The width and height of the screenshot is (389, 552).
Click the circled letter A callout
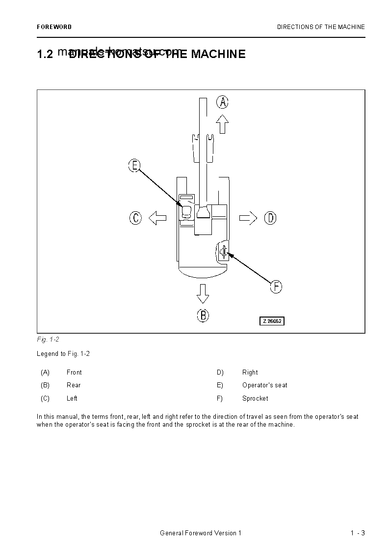click(x=223, y=102)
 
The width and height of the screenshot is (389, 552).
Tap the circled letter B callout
click(x=203, y=315)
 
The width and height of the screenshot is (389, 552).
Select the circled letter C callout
click(x=135, y=218)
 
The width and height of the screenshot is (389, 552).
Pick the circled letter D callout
click(x=270, y=218)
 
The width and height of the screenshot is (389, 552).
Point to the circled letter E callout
click(x=134, y=166)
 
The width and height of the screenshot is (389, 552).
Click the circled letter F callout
click(x=276, y=287)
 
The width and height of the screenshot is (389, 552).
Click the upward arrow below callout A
click(x=223, y=124)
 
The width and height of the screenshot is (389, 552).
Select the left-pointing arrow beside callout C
click(x=157, y=218)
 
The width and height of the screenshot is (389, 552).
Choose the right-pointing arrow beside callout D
click(x=248, y=218)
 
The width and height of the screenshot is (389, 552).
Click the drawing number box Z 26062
click(x=272, y=321)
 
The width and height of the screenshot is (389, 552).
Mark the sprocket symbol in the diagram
click(x=223, y=252)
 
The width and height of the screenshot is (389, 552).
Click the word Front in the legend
click(x=74, y=373)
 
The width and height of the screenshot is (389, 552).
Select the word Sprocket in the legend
click(x=255, y=399)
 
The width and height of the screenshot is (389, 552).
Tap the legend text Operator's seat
click(x=264, y=385)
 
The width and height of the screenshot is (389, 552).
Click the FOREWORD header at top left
click(x=54, y=27)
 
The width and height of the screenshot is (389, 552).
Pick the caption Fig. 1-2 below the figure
click(x=48, y=340)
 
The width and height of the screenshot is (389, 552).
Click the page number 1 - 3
click(x=358, y=533)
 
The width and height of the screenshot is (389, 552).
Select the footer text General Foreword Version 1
click(x=201, y=533)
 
